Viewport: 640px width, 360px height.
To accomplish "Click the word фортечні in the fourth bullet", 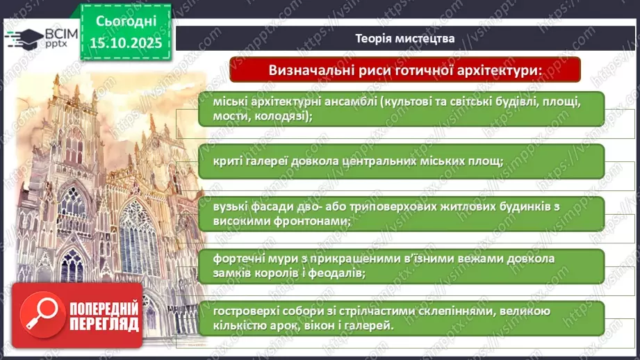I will click(236, 259).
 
